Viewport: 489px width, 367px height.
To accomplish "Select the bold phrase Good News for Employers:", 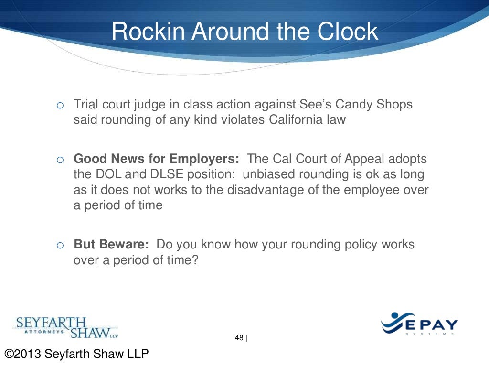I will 157,159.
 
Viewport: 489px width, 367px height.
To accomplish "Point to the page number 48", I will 239,338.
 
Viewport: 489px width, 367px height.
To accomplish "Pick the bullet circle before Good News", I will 60,160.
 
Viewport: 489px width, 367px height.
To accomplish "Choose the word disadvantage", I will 284,190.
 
